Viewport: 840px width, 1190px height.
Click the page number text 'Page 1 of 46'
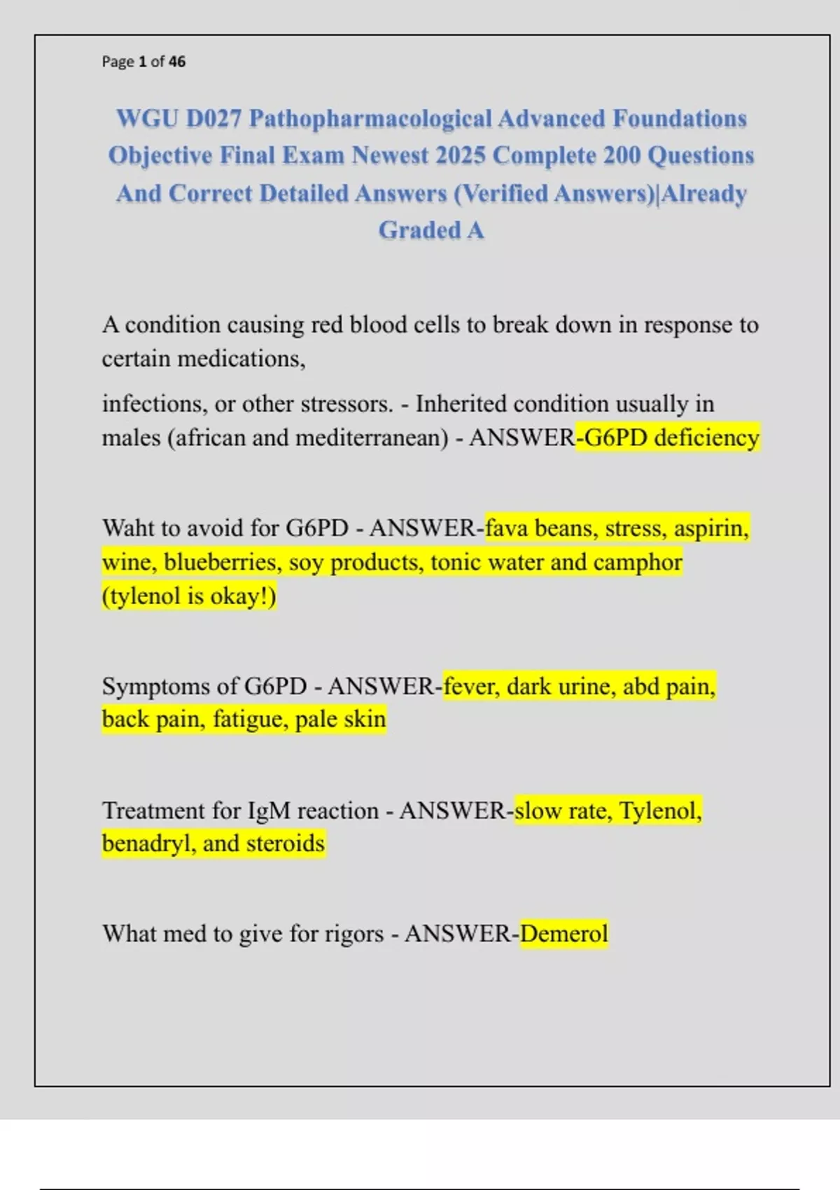(x=143, y=62)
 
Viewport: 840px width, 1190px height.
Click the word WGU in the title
(x=146, y=119)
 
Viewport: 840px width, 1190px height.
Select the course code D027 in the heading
(x=214, y=119)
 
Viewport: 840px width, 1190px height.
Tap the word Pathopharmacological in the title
(x=370, y=119)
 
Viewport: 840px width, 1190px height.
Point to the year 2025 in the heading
(x=459, y=155)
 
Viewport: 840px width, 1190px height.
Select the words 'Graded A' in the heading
(x=431, y=230)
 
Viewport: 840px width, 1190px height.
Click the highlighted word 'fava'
(x=506, y=528)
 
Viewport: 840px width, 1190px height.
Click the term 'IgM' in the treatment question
(x=269, y=811)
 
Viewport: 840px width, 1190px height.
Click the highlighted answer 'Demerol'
(x=564, y=934)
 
